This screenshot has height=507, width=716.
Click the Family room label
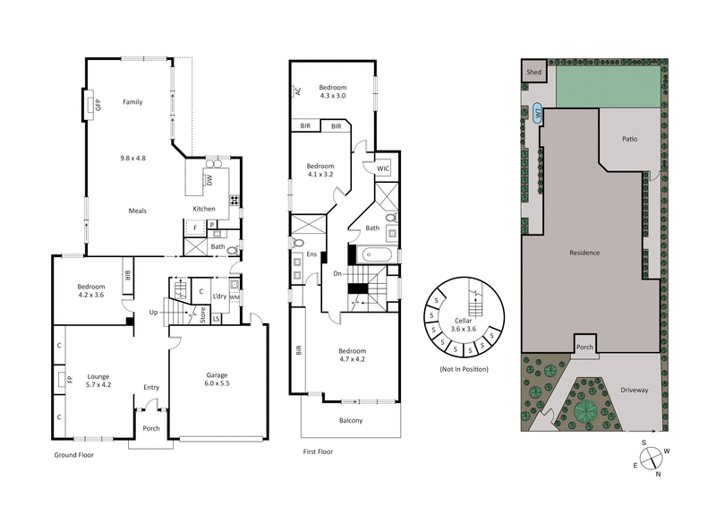pyautogui.click(x=132, y=102)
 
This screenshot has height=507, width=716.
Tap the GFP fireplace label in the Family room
pyautogui.click(x=98, y=104)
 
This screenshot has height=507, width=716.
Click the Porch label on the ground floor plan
pyautogui.click(x=151, y=428)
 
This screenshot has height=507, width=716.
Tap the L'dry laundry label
pyautogui.click(x=217, y=297)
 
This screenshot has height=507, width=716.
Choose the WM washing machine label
pyautogui.click(x=234, y=297)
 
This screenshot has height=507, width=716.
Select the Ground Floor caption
pyautogui.click(x=74, y=455)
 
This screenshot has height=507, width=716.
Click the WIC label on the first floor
pyautogui.click(x=382, y=168)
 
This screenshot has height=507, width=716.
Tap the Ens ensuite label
pyautogui.click(x=312, y=254)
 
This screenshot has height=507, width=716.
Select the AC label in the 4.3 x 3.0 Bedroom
pyautogui.click(x=297, y=90)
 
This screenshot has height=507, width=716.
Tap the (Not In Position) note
pyautogui.click(x=464, y=369)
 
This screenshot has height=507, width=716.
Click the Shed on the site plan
pyautogui.click(x=534, y=72)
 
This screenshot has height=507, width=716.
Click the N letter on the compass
pyautogui.click(x=659, y=474)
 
